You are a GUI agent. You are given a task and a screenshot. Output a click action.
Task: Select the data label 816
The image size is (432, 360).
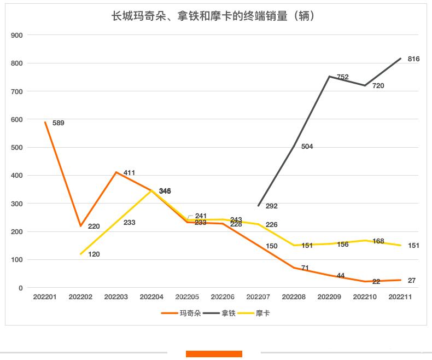(x=413, y=59)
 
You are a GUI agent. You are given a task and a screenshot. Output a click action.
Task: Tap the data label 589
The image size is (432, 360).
(x=58, y=123)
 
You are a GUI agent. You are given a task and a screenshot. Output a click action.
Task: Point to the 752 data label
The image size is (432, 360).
(x=343, y=77)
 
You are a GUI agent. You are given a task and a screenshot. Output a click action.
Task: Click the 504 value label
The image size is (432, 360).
(x=307, y=147)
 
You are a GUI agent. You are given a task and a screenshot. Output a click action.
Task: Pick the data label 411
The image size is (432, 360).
(x=129, y=173)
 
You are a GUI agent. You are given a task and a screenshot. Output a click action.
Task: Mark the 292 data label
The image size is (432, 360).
(x=271, y=206)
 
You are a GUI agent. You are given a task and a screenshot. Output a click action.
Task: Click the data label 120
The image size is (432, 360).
(x=94, y=254)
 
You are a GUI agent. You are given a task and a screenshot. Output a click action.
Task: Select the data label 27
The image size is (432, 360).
(x=412, y=281)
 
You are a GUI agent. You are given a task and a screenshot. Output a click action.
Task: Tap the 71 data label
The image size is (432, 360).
(x=305, y=268)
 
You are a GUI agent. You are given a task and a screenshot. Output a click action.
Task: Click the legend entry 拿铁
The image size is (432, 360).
(x=227, y=313)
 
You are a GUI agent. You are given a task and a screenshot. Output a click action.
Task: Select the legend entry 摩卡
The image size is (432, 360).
(x=262, y=313)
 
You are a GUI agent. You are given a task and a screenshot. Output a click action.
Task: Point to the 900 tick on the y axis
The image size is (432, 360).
(x=17, y=35)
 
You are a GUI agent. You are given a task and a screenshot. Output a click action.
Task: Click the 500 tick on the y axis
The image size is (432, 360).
(x=17, y=147)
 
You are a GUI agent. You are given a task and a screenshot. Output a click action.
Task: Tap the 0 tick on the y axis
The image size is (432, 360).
(x=21, y=288)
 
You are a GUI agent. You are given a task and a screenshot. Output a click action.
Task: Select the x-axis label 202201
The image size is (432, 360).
(x=45, y=297)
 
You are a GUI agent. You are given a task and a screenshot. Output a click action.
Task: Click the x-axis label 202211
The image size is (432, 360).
(x=400, y=297)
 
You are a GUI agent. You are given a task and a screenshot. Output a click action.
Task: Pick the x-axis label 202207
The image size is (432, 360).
(x=258, y=297)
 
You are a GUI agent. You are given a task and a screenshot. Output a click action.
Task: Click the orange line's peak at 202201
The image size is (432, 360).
(x=45, y=122)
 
